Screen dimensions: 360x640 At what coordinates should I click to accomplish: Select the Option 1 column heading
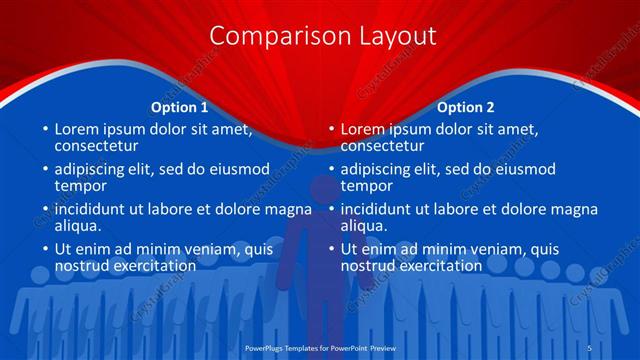point(180,107)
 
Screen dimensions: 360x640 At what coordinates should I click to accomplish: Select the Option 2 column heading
point(466,107)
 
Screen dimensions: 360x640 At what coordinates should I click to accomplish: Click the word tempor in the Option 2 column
point(366,186)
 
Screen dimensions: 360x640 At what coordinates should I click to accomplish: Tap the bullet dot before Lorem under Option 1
point(45,130)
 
